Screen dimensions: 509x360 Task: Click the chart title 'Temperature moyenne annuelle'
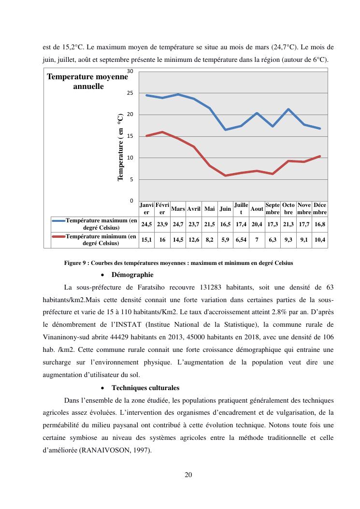pos(87,82)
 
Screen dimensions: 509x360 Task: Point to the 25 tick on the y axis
pos(130,93)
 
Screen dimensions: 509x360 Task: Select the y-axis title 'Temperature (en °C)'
pos(120,147)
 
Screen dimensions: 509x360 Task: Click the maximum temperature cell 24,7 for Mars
pos(178,224)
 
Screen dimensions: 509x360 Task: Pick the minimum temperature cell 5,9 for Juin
pos(225,240)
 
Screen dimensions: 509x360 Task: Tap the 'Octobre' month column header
pos(288,209)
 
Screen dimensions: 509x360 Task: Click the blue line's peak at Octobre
pos(288,109)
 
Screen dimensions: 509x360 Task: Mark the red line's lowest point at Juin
pos(225,175)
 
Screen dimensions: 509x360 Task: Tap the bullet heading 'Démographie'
pos(132,275)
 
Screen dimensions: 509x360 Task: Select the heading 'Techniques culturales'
pos(145,388)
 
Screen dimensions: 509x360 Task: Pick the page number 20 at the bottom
pos(188,475)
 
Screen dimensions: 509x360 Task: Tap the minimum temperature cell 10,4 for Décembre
pos(320,240)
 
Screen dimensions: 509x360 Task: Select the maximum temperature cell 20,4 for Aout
pos(257,224)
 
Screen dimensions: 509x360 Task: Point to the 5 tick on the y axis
pos(131,179)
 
